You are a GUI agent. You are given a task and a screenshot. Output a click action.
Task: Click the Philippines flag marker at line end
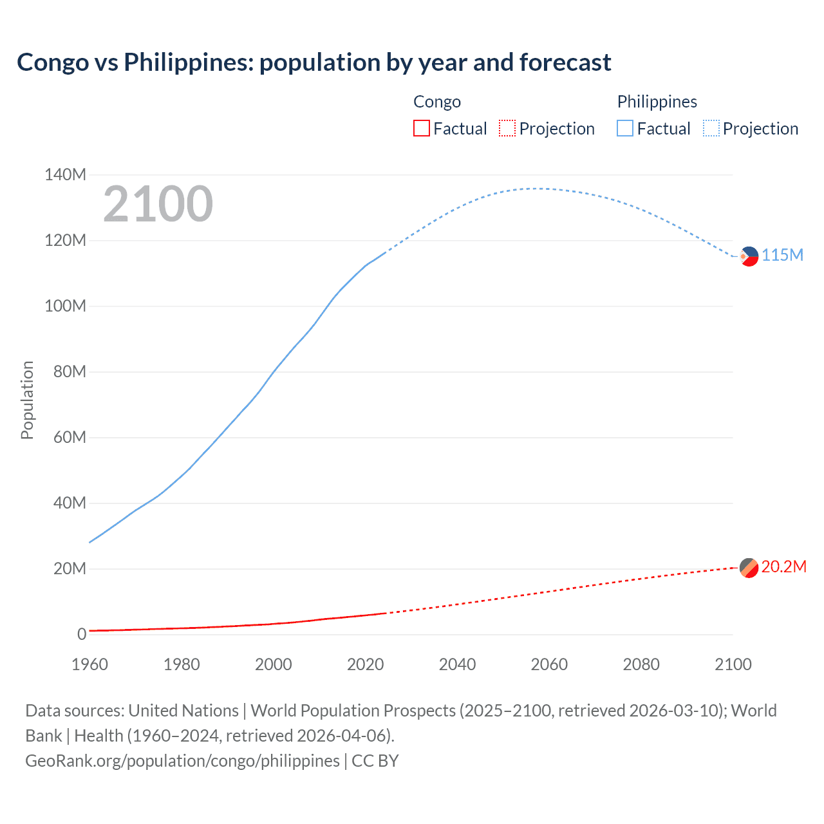point(749,256)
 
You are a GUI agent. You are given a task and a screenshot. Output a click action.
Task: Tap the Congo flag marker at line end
point(749,568)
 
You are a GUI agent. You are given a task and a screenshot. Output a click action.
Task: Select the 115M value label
point(783,255)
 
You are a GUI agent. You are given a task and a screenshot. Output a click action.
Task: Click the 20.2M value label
point(783,566)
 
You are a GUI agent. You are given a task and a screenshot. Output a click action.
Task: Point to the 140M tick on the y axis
point(65,174)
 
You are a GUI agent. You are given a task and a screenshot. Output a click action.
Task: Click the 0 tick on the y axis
point(81,634)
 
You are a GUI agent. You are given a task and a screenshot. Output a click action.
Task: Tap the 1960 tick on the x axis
point(89,664)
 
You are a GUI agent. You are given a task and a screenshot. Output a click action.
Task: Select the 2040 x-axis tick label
point(457,664)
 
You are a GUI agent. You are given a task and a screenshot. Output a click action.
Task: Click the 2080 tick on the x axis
point(641,664)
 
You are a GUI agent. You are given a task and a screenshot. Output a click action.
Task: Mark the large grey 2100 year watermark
point(158,204)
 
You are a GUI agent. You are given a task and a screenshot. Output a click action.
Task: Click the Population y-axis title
point(27,400)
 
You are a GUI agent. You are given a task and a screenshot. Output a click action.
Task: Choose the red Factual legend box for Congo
point(421,128)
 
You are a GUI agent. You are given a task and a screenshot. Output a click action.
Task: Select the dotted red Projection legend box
point(507,128)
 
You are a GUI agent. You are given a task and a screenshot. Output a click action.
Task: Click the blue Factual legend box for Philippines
point(624,128)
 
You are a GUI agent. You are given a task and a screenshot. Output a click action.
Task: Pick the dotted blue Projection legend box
point(711,128)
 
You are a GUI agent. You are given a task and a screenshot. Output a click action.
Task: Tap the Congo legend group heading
point(437,102)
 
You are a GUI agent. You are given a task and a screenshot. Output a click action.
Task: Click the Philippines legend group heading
point(657,102)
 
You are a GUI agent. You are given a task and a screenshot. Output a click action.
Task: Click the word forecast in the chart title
point(565,62)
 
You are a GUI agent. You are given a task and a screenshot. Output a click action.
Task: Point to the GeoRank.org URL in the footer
point(182,760)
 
